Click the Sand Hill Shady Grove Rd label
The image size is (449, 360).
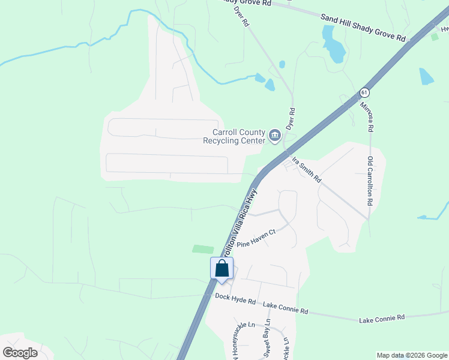363,28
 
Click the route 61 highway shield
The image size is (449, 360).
364,92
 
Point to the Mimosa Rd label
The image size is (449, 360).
367,117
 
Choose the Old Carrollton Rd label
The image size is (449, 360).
370,182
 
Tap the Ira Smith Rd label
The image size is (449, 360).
306,170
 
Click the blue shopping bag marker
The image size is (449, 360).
221,269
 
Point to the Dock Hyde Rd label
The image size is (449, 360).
235,299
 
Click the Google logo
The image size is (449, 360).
20,352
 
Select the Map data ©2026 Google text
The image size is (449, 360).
411,355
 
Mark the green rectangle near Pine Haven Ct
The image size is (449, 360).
203,248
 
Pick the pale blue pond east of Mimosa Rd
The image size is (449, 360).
426,76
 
